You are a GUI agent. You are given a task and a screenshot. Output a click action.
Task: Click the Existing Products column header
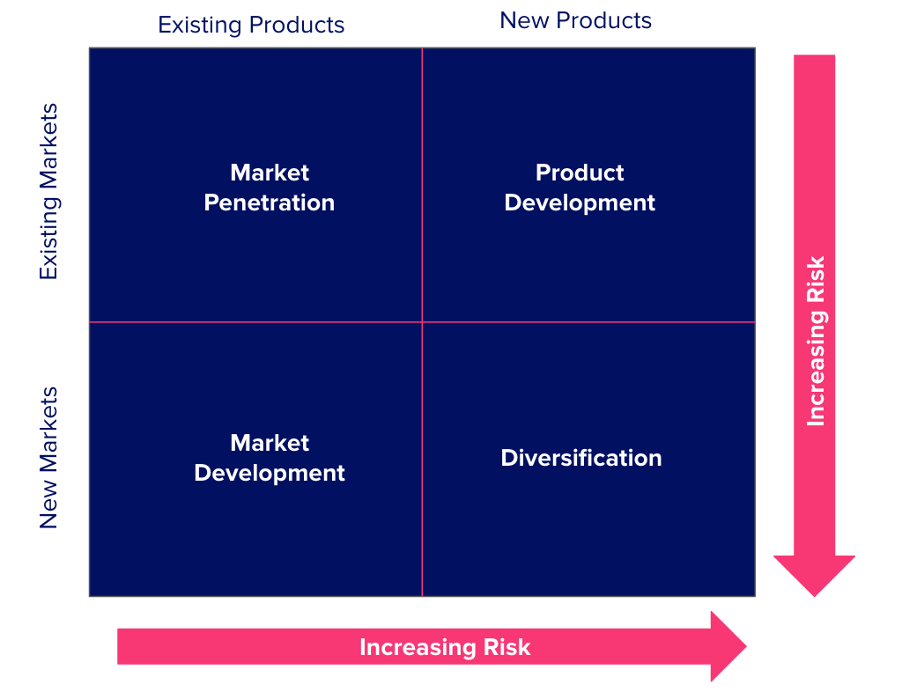click(251, 25)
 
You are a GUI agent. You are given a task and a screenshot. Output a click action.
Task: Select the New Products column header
click(575, 20)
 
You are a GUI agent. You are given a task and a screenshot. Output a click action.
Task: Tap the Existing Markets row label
click(48, 191)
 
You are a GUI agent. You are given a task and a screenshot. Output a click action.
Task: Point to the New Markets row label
click(48, 457)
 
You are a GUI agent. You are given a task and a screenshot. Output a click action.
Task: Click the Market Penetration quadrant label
click(270, 188)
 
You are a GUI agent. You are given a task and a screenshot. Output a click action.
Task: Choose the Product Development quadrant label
click(580, 188)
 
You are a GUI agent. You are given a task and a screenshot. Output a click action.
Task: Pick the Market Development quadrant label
click(270, 458)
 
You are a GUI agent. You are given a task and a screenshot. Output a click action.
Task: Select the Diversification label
click(581, 458)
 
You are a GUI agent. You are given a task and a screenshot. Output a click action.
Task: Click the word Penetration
click(270, 202)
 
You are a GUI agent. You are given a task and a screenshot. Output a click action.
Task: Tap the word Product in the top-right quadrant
click(580, 173)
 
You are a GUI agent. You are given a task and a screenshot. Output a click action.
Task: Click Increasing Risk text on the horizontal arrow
click(445, 648)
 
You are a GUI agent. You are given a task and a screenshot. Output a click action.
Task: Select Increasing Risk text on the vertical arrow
click(816, 341)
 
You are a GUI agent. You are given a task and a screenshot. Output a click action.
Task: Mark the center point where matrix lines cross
click(422, 322)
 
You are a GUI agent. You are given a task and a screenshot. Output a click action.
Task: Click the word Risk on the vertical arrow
click(816, 278)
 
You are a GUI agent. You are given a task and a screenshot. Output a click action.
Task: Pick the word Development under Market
click(270, 473)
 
